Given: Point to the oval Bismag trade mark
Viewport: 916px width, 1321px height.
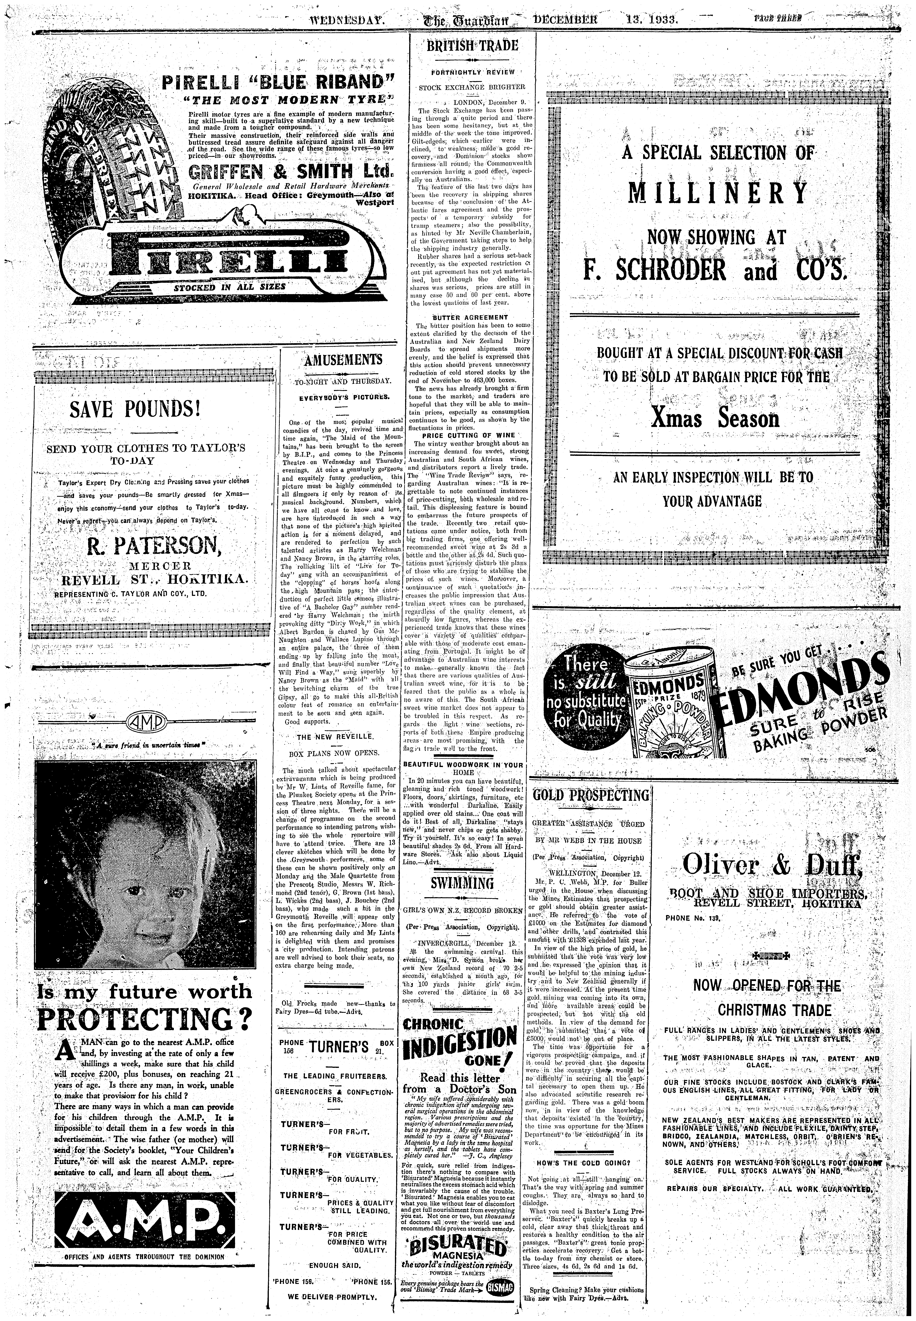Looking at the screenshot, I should tap(501, 1287).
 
